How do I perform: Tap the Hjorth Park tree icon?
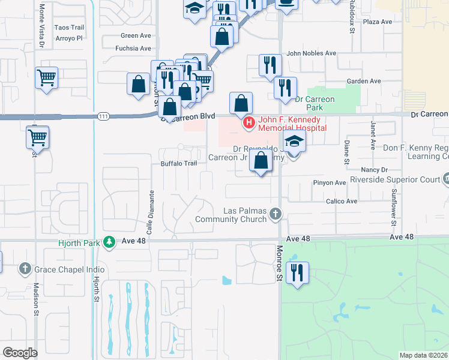[x=109, y=242]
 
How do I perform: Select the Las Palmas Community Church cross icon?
[x=276, y=214]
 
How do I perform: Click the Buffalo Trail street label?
[x=178, y=163]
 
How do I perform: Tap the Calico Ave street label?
[x=343, y=202]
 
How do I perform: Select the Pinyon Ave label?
[x=329, y=182]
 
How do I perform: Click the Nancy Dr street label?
[x=376, y=170]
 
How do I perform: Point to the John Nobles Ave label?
[x=311, y=53]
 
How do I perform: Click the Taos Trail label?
[x=69, y=28]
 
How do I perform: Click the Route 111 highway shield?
[x=104, y=116]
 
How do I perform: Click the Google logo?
[x=20, y=352]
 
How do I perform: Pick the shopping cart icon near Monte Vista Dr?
[x=46, y=77]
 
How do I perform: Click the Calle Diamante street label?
[x=152, y=212]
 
